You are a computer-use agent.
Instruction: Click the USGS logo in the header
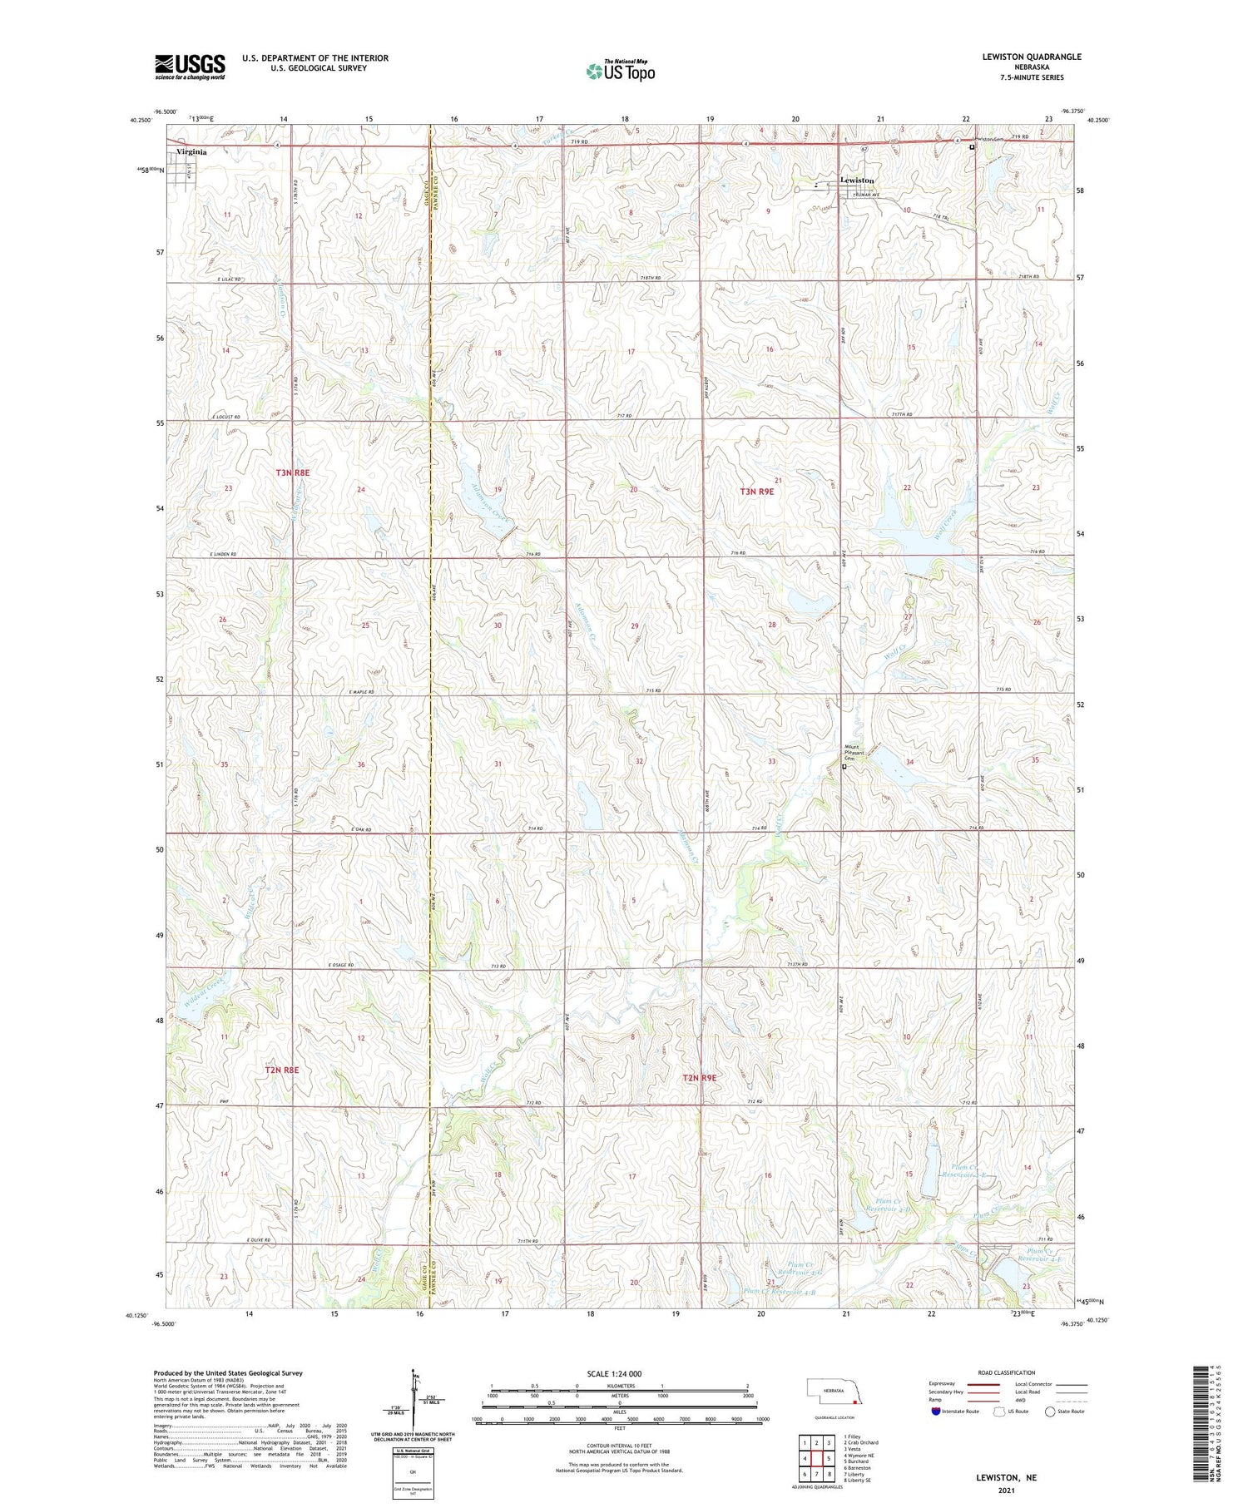pyautogui.click(x=190, y=67)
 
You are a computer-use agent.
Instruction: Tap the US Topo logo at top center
pyautogui.click(x=619, y=72)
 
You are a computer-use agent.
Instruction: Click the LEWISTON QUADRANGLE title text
pyautogui.click(x=1031, y=57)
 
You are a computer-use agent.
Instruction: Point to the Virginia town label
pyautogui.click(x=191, y=152)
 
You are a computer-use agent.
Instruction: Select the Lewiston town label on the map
pyautogui.click(x=857, y=180)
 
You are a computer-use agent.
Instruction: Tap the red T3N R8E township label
pyautogui.click(x=293, y=472)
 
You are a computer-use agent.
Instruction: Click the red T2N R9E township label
pyautogui.click(x=699, y=1078)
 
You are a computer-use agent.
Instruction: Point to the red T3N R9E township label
pyautogui.click(x=756, y=492)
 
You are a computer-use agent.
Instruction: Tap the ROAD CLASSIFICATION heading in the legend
pyautogui.click(x=1007, y=1372)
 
